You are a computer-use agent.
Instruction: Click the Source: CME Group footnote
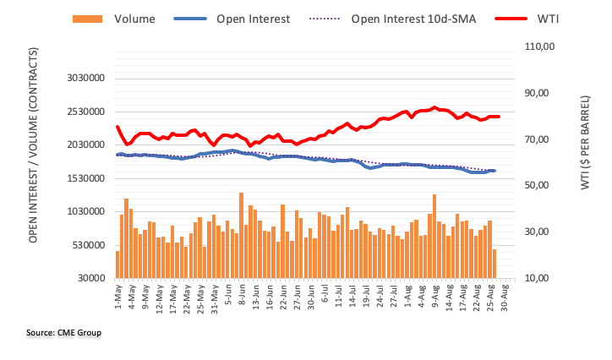63,333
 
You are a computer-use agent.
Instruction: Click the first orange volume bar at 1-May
117,264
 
